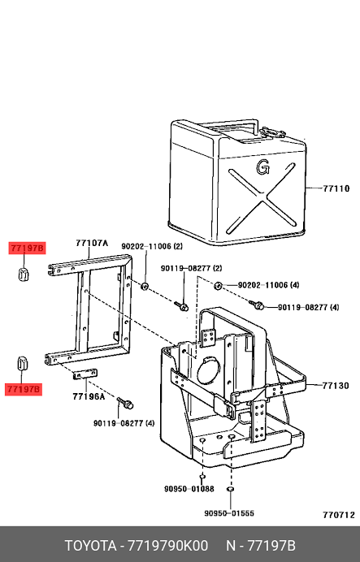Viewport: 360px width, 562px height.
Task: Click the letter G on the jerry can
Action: point(262,167)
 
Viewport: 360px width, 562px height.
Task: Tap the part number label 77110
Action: point(336,188)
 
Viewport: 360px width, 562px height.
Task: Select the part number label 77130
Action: point(336,386)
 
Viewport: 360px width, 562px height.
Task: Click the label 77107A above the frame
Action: point(92,243)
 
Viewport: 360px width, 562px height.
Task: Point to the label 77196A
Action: point(89,396)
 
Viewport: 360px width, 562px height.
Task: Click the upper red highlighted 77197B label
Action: point(28,248)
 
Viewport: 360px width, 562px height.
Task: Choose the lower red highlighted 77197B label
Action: point(24,389)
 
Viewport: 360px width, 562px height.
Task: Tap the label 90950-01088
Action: point(189,489)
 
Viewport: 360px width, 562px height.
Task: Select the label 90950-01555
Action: point(229,513)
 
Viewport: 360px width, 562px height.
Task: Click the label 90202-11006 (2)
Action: point(152,247)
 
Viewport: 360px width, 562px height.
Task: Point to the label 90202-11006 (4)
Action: point(268,285)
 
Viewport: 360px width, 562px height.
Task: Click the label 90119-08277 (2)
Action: point(191,268)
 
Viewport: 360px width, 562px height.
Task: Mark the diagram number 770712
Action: point(339,515)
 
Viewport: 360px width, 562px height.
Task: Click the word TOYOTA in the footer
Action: point(90,546)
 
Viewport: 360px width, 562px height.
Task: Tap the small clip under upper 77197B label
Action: point(24,274)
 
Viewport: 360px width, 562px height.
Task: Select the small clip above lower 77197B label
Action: point(22,364)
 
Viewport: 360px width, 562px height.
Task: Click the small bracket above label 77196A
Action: point(85,374)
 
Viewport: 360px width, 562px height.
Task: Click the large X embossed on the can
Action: point(262,198)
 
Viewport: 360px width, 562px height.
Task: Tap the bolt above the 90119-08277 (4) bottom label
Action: point(125,403)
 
